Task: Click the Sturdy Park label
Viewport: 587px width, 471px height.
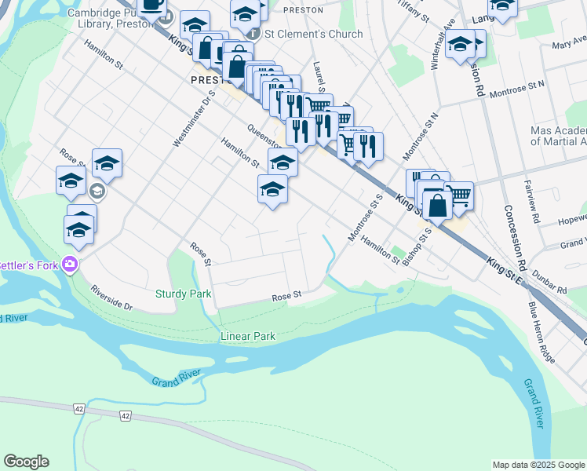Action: tap(195, 294)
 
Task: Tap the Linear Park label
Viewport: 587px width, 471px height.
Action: tap(247, 336)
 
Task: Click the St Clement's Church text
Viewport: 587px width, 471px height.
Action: tap(314, 34)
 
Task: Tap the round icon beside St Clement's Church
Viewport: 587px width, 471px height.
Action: tap(253, 35)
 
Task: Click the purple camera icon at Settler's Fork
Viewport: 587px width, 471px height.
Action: tap(70, 264)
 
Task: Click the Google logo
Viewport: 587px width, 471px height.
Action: tap(26, 462)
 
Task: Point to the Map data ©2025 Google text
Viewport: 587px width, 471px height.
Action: tap(538, 465)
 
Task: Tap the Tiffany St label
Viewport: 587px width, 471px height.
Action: tap(414, 11)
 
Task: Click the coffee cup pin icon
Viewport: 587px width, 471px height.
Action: tap(152, 4)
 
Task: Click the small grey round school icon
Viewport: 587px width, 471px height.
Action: tap(97, 191)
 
